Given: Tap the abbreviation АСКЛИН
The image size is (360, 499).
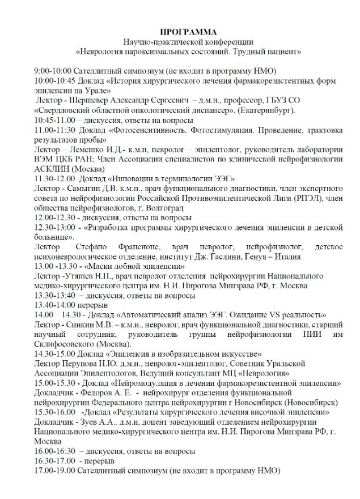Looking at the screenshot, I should [51, 169].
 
